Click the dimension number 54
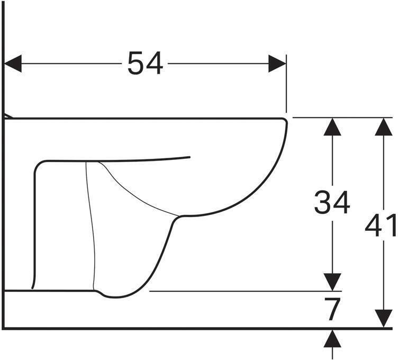coord(145,64)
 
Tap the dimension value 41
coord(381,227)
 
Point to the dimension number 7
coord(332,310)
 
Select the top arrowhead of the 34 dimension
coord(332,127)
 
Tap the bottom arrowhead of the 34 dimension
coord(332,282)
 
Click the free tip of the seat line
coord(189,157)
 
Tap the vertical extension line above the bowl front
coord(286,85)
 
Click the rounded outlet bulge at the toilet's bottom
coord(114,294)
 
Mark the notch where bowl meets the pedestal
coord(178,217)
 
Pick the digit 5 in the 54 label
coord(135,64)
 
